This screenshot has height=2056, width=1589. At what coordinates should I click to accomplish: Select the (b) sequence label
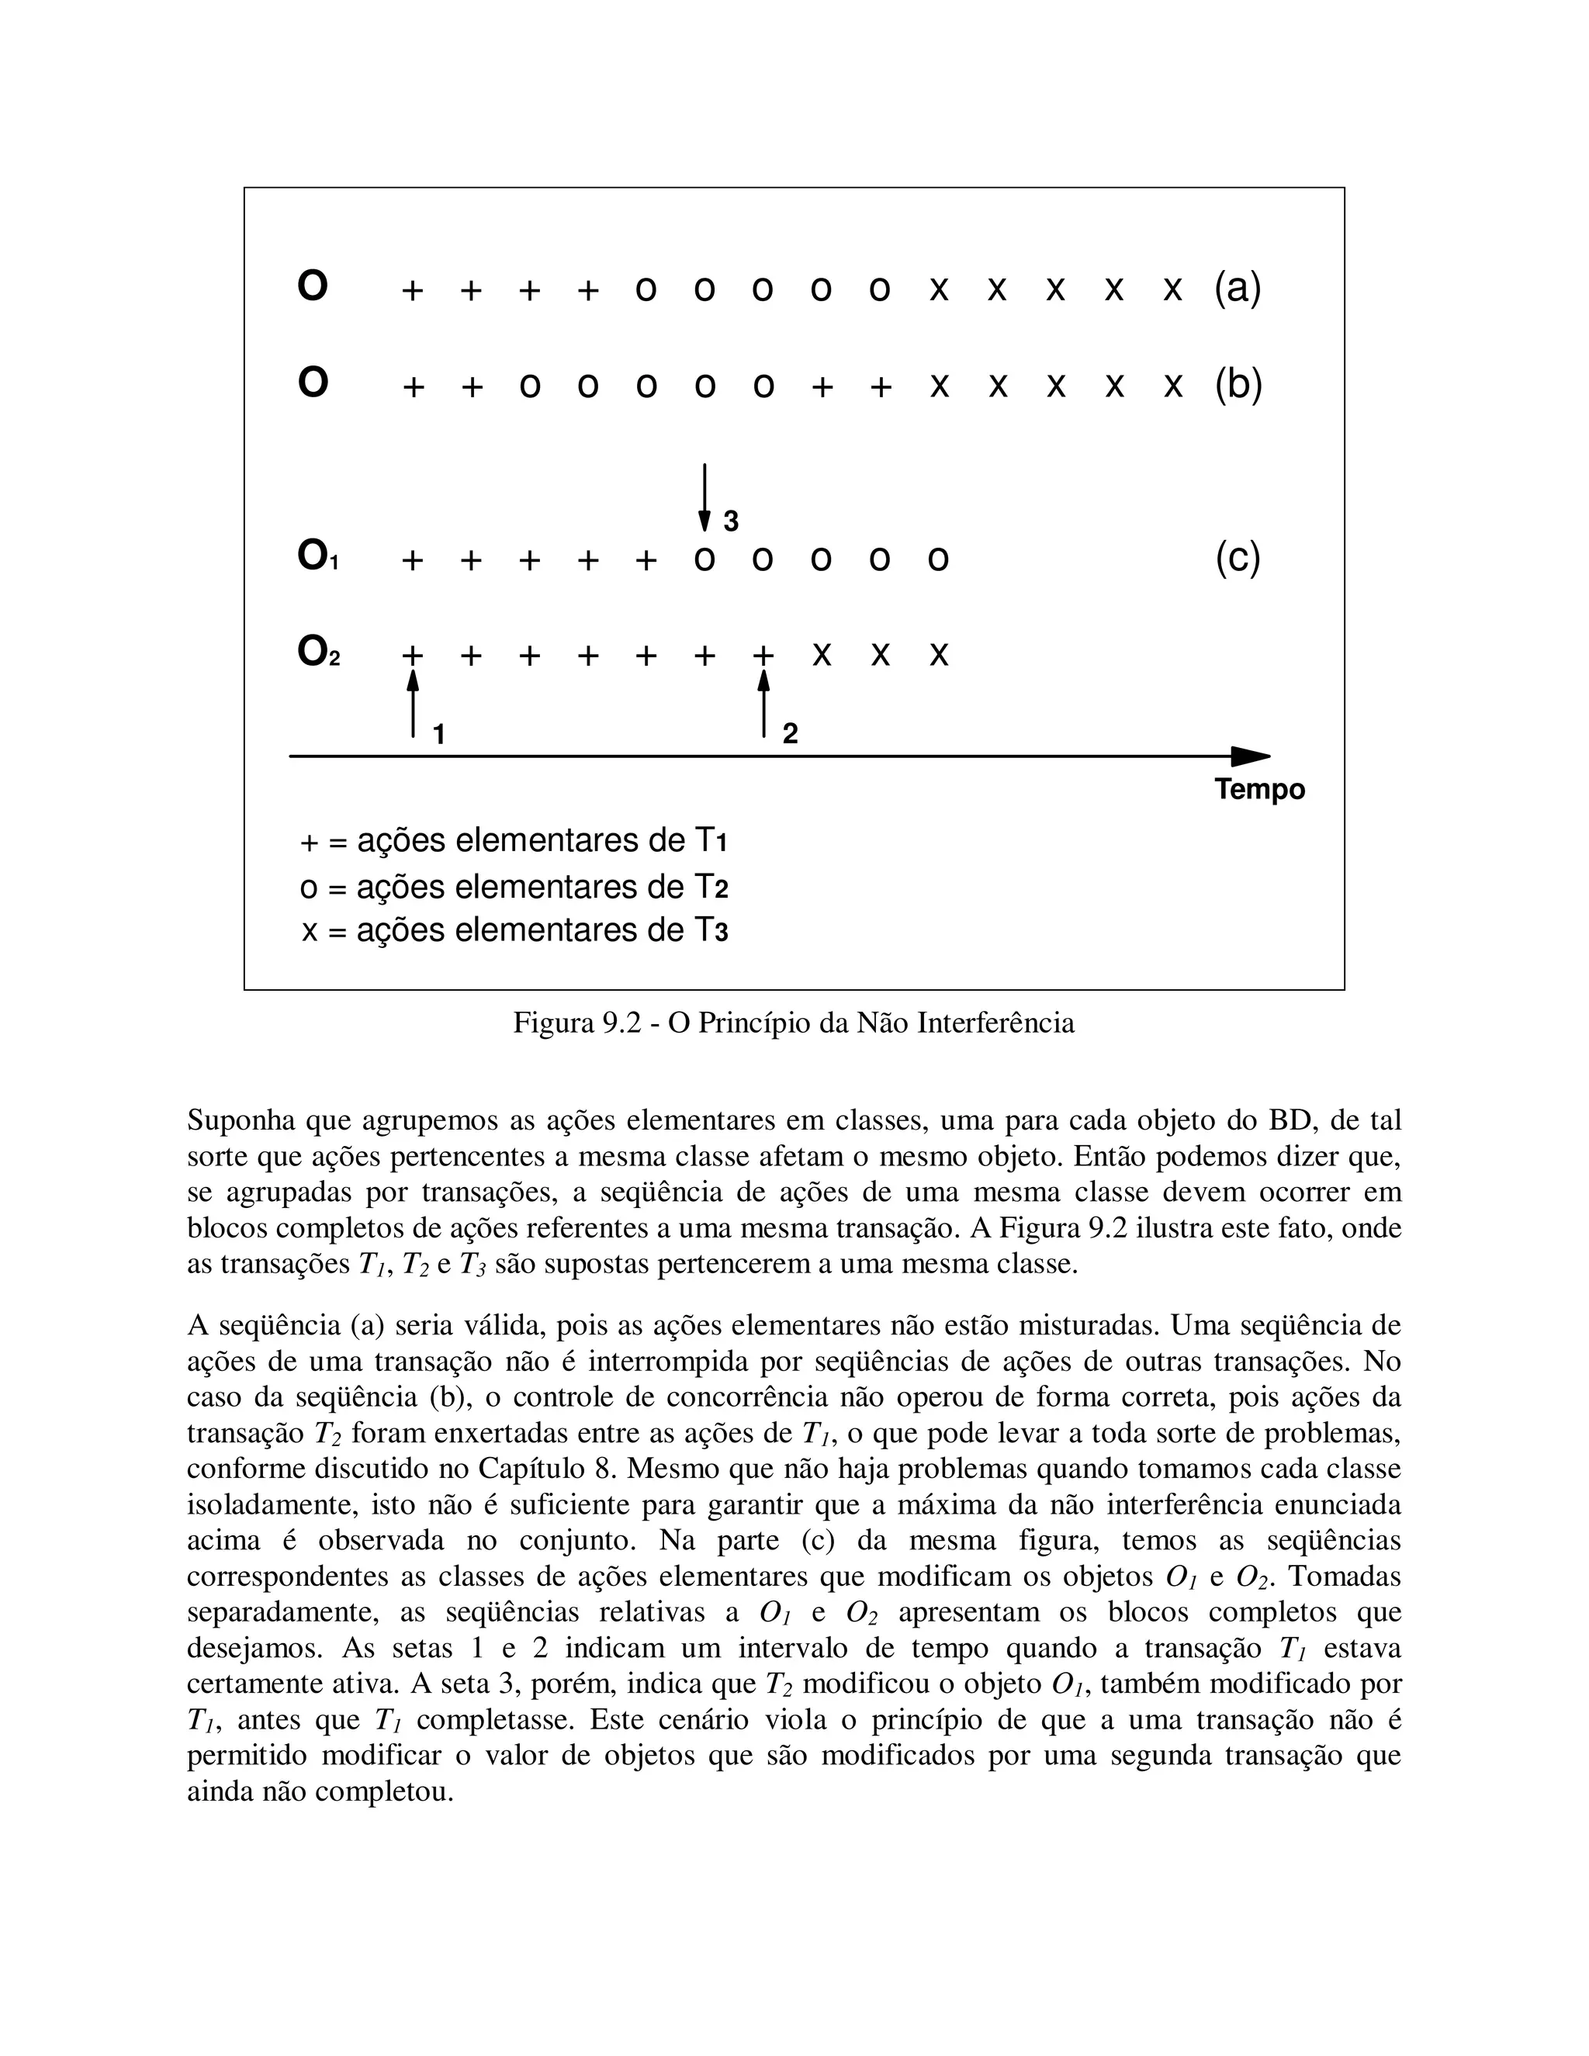click(x=1237, y=384)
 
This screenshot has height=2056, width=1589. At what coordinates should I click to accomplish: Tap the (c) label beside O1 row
click(x=1237, y=559)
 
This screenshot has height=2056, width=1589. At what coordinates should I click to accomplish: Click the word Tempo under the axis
click(x=1258, y=789)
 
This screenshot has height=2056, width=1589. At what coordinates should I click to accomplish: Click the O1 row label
click(x=317, y=557)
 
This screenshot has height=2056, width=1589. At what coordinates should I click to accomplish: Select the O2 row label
click(x=318, y=652)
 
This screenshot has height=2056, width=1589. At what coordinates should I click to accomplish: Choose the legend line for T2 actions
click(x=514, y=887)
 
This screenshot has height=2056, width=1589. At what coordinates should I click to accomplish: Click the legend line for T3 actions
click(x=514, y=931)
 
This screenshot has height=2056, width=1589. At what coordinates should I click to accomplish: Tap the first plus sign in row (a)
click(x=412, y=291)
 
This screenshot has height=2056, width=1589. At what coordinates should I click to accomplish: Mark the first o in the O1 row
click(x=703, y=561)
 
